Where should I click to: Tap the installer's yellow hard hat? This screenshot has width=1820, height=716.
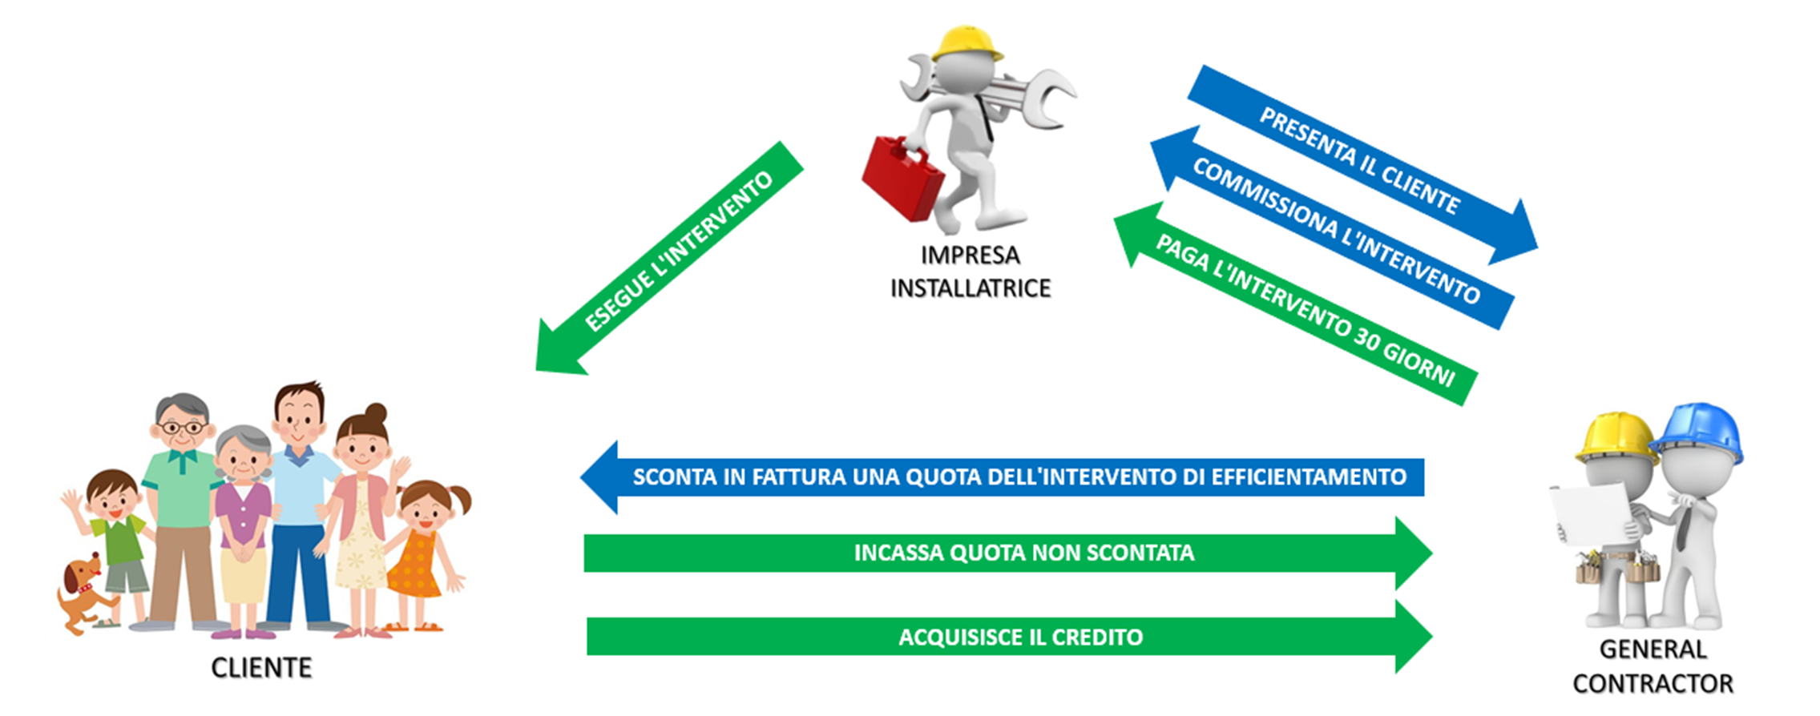click(x=967, y=43)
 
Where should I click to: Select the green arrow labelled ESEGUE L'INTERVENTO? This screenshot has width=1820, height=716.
click(x=670, y=258)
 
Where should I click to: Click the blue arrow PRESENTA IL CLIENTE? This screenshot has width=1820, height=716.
click(x=1362, y=164)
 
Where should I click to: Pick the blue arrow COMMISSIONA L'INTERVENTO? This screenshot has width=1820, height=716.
click(x=1332, y=227)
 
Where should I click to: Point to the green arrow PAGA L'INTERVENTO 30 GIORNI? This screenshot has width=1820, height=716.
click(x=1295, y=304)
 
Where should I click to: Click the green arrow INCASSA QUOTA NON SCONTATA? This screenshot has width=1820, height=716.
click(x=1008, y=553)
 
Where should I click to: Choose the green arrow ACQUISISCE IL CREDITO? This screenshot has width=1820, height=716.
click(x=1010, y=637)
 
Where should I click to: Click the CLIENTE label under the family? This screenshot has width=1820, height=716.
click(x=261, y=668)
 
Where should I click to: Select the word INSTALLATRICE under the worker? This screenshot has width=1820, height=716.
click(x=971, y=288)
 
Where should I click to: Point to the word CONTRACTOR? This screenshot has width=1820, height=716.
click(x=1653, y=684)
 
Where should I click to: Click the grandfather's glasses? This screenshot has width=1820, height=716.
click(x=183, y=428)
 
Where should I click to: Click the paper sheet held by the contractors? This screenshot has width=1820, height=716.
click(x=1590, y=513)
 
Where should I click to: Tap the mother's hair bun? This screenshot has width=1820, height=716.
click(x=375, y=414)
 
